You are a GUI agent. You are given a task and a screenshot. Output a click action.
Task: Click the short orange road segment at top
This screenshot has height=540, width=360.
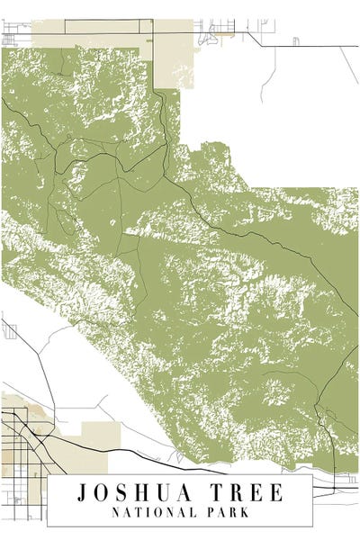[x=224, y=38]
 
